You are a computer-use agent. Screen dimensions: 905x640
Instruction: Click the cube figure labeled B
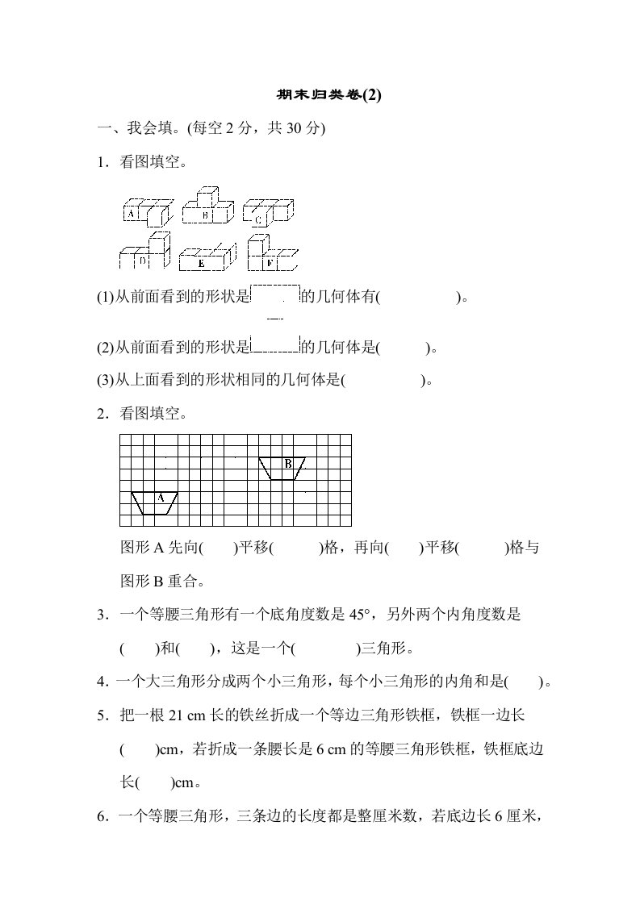click(x=207, y=208)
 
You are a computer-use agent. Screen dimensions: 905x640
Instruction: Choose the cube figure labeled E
click(x=206, y=258)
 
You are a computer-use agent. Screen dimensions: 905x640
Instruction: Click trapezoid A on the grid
click(x=155, y=502)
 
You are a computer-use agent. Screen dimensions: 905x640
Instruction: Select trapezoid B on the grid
click(x=282, y=468)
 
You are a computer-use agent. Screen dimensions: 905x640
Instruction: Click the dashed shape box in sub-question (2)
click(x=275, y=344)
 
